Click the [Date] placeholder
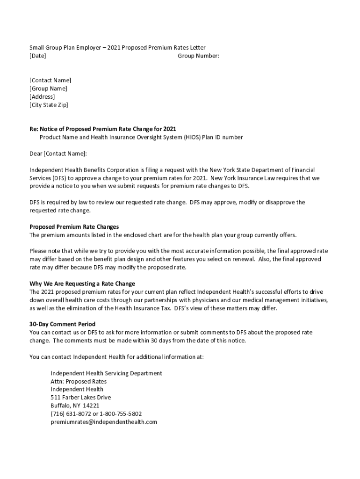(x=37, y=56)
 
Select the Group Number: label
(x=198, y=56)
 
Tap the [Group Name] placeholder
(x=48, y=88)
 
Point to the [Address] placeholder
(x=42, y=97)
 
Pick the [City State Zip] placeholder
(x=48, y=105)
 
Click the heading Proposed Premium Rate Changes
(x=74, y=227)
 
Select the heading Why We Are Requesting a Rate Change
(x=82, y=283)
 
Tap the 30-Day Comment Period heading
(x=62, y=324)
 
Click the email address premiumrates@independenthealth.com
(x=103, y=422)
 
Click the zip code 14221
(x=91, y=406)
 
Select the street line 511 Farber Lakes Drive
(x=80, y=398)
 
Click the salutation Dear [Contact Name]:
(x=58, y=153)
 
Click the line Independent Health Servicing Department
(x=106, y=373)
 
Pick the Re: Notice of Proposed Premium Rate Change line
(x=102, y=129)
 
